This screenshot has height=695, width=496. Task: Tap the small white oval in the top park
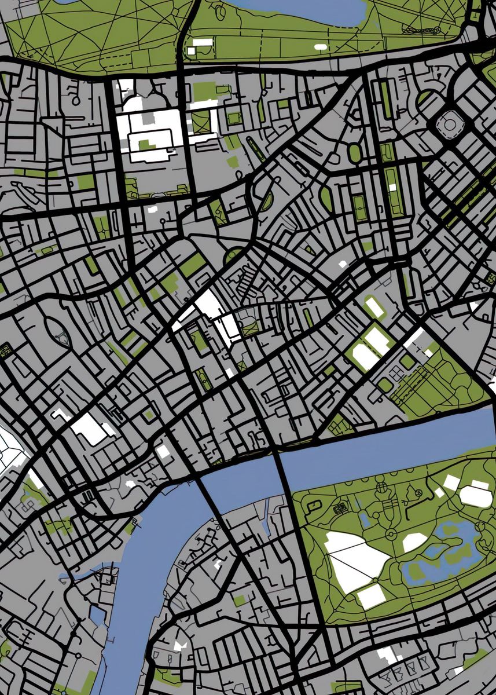320,46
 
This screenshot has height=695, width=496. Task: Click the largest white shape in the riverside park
356,559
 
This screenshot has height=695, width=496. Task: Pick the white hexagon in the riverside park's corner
476,496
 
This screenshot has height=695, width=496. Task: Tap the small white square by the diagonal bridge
164,451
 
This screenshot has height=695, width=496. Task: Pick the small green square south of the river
239,600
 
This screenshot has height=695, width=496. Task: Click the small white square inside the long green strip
393,187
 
